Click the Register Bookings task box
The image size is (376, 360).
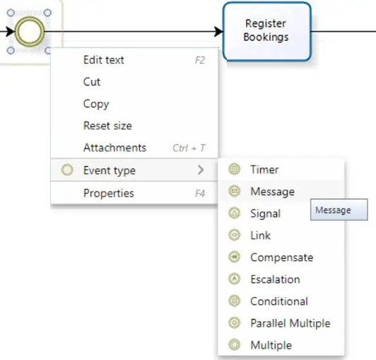point(267,31)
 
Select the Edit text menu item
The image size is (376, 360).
point(104,60)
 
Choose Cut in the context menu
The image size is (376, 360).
point(92,82)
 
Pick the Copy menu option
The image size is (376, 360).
point(96,104)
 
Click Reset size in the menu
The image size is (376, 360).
point(107,126)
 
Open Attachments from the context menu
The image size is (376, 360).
point(114,148)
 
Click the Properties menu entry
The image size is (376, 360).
point(108,193)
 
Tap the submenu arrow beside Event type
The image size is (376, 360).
point(201,170)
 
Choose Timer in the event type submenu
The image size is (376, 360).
point(264,170)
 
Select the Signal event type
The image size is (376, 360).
point(265,214)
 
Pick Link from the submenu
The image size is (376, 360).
point(260,236)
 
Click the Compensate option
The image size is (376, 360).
point(282,257)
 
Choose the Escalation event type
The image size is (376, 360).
point(275,279)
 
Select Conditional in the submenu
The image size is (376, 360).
point(279,301)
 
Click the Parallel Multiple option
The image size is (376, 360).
point(290,323)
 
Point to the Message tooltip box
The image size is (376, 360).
point(339,209)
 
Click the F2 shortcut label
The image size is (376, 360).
point(200,60)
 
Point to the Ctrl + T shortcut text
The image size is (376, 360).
point(189,148)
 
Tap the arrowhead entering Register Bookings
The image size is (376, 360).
point(218,31)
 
